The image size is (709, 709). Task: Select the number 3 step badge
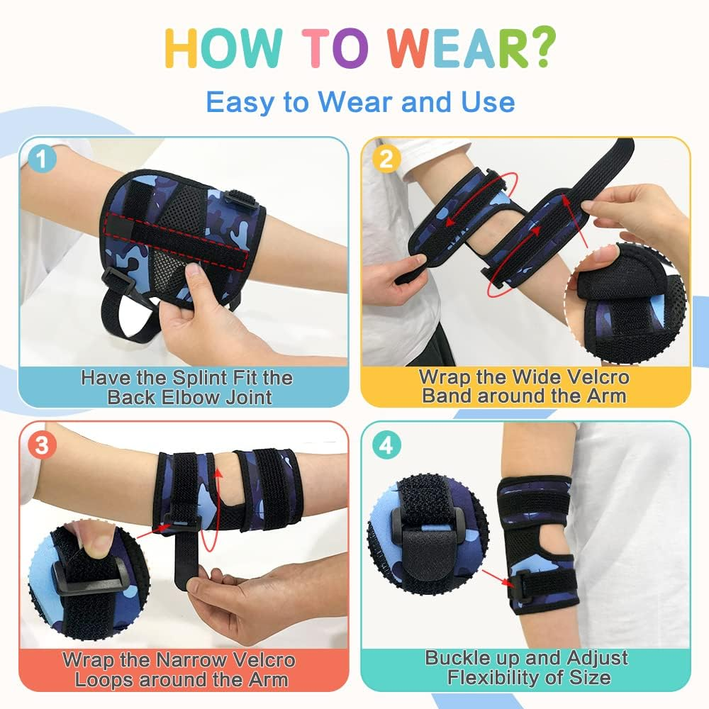coord(43,445)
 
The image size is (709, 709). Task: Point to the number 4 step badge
coord(385,445)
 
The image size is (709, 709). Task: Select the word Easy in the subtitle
coord(240,102)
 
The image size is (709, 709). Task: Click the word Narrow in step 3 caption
coord(186,659)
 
